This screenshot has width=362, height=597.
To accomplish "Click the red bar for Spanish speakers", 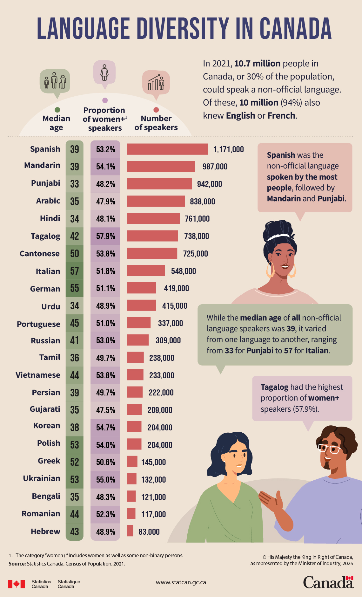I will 167,149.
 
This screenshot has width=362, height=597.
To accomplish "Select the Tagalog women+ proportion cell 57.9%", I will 105,236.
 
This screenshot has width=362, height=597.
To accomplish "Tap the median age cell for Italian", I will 74,271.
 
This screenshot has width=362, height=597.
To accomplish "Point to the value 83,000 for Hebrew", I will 149,532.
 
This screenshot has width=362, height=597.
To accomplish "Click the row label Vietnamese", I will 38,375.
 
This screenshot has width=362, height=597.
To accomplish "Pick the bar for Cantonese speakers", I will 152,253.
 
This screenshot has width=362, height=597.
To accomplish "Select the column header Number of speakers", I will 156,123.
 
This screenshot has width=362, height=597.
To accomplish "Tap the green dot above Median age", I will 57,110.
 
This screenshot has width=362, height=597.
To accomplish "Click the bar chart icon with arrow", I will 156,83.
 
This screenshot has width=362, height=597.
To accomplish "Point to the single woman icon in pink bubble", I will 104,72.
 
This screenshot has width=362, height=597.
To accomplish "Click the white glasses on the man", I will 329,449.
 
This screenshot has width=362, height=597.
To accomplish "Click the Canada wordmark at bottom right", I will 328,582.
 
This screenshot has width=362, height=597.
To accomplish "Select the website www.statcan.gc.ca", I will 181,582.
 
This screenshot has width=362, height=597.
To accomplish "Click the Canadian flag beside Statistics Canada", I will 16,584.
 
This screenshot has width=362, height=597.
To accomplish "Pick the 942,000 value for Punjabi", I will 209,184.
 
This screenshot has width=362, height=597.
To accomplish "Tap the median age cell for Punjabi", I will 74,184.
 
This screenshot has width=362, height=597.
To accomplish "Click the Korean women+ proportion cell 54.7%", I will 105,427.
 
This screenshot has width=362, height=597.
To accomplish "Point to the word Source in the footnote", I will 17,564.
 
